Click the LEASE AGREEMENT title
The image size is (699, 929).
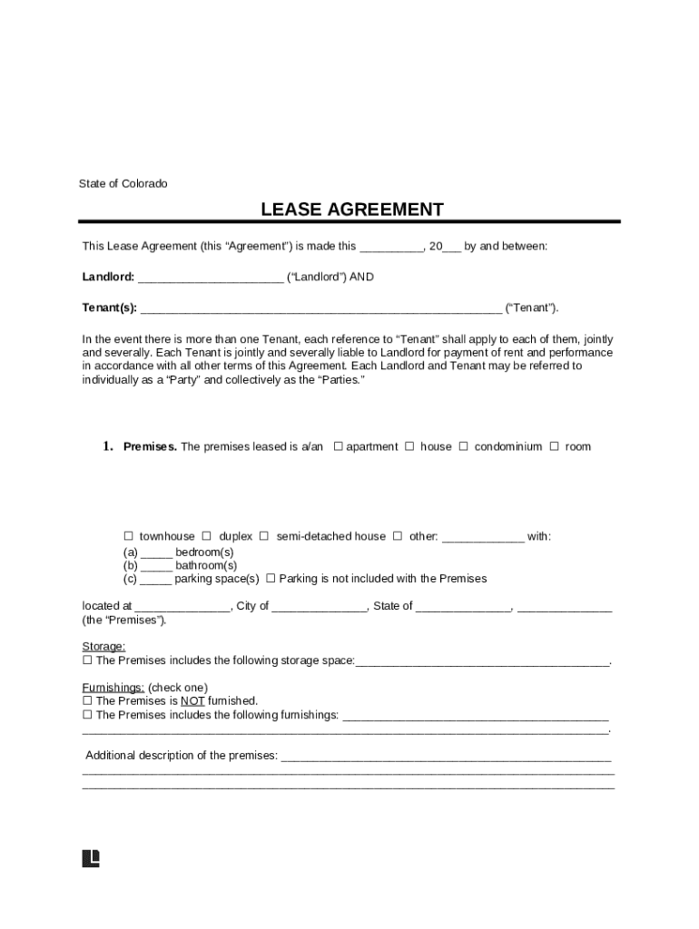[352, 210]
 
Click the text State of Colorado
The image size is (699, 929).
[123, 183]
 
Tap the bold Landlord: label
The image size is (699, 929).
[108, 277]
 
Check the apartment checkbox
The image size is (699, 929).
[339, 446]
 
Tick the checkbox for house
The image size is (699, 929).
[410, 446]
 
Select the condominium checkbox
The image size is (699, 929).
[464, 446]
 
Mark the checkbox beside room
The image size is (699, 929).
[555, 446]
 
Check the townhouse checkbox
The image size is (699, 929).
[128, 536]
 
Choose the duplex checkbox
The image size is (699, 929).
[207, 536]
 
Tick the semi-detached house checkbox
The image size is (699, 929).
[264, 536]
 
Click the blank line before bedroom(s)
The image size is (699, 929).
[156, 553]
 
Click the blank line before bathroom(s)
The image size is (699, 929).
[156, 566]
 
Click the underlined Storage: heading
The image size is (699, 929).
[103, 647]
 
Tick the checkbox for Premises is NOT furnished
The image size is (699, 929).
[87, 701]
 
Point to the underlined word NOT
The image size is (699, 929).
[192, 701]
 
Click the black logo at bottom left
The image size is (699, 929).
[91, 858]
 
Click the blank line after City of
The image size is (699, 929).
[320, 607]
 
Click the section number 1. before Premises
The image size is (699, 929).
[106, 446]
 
